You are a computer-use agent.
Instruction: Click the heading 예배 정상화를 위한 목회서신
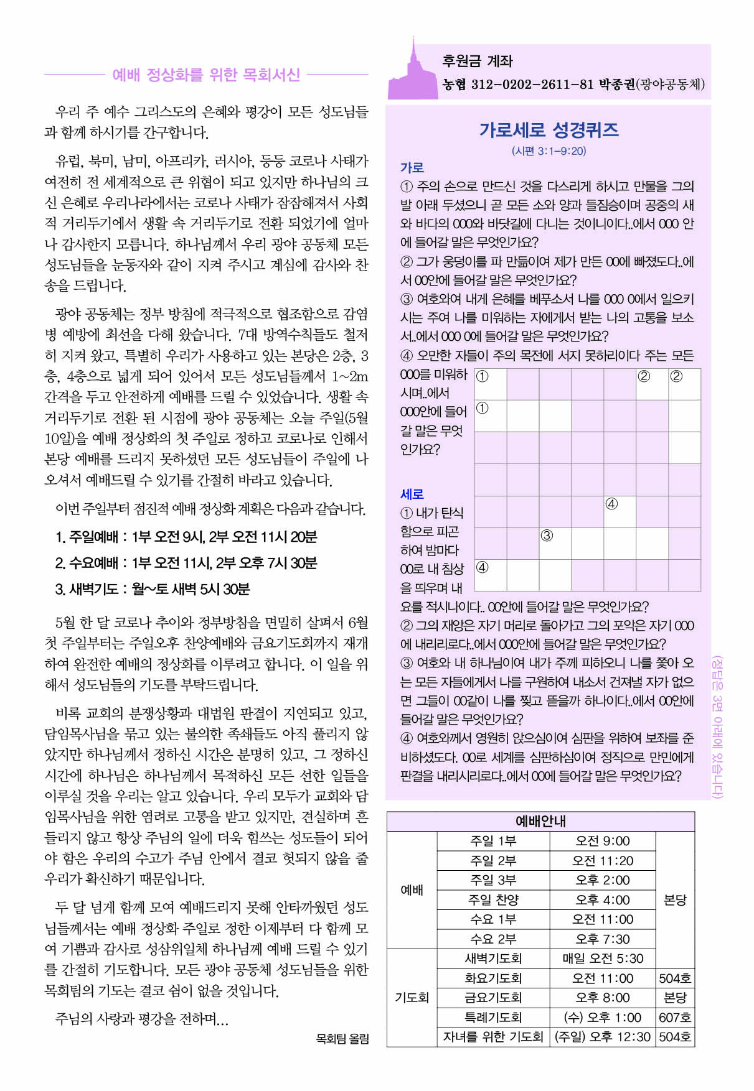click(x=205, y=75)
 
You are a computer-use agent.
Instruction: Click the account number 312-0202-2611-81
click(x=532, y=85)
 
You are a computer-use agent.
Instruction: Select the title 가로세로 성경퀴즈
click(x=549, y=129)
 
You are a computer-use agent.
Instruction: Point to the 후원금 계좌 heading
click(x=477, y=61)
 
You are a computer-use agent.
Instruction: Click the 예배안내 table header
click(x=540, y=821)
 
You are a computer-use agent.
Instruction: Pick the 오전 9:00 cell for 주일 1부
click(x=602, y=841)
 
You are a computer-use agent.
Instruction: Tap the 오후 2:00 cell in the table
click(x=602, y=880)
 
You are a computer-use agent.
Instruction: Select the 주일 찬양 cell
click(x=493, y=900)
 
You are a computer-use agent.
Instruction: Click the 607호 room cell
click(x=675, y=1018)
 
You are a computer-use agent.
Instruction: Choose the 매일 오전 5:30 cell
click(x=602, y=959)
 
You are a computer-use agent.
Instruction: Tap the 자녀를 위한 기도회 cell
click(x=493, y=1037)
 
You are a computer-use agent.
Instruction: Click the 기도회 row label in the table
click(x=412, y=998)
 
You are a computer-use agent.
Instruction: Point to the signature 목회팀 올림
click(x=342, y=1038)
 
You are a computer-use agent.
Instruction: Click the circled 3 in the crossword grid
click(x=547, y=536)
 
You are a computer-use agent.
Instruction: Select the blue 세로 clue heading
click(x=412, y=494)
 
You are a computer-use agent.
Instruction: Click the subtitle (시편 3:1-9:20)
click(x=549, y=151)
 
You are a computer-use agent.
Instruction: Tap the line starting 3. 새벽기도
click(x=153, y=589)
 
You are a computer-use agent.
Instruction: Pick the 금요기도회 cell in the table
click(x=493, y=998)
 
